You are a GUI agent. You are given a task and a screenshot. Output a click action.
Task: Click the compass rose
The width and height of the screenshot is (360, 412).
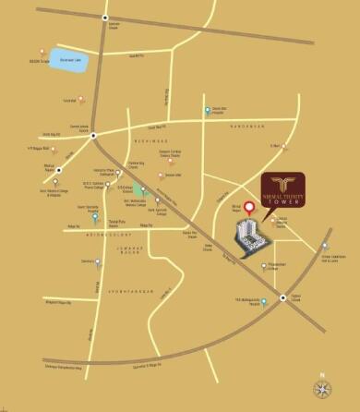click(323, 385)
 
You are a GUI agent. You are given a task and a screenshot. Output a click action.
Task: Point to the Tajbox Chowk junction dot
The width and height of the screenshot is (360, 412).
click(282, 297)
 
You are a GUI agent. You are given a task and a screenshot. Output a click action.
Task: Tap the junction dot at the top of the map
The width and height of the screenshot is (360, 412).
click(104, 18)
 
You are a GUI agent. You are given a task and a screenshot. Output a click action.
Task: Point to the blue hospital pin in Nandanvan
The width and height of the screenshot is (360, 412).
click(209, 111)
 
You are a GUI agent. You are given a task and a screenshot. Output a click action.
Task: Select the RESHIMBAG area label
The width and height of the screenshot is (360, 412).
click(150, 142)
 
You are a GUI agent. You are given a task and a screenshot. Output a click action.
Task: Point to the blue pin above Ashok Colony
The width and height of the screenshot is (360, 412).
click(81, 217)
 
